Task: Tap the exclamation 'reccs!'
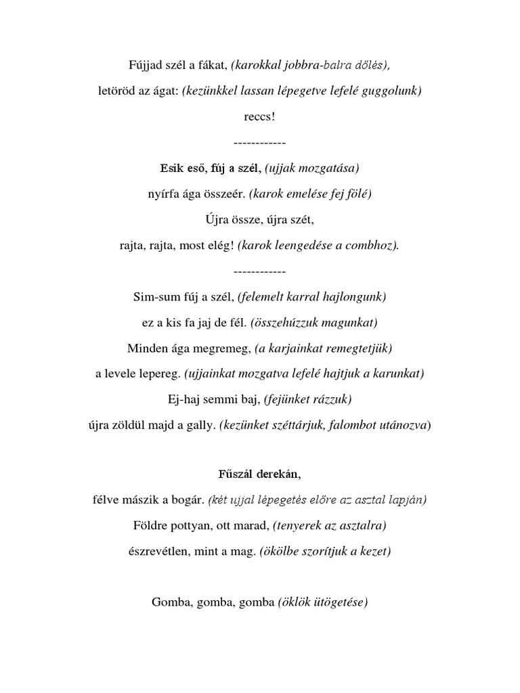click(260, 116)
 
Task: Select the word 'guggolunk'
click(393, 91)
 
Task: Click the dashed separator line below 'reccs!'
click(259, 143)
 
